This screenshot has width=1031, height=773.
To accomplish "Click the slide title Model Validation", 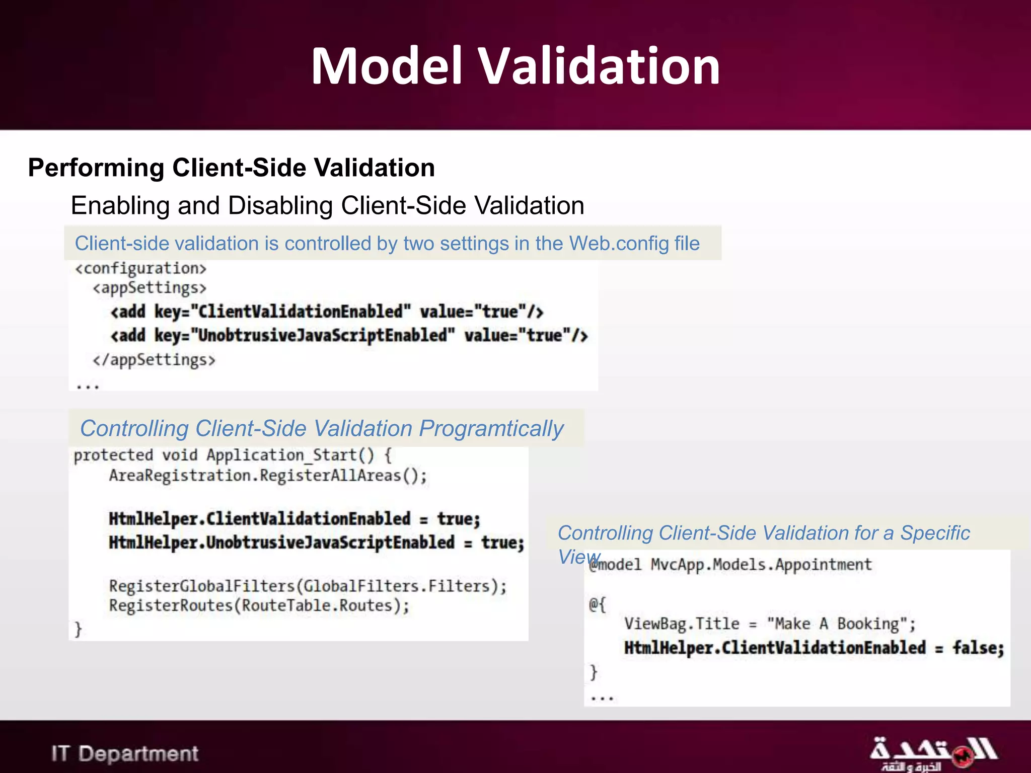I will coord(515,66).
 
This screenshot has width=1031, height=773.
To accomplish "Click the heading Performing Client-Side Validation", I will coord(231,168).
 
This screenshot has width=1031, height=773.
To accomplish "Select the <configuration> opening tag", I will coord(140,269).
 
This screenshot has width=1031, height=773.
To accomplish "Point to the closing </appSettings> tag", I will coord(154,360).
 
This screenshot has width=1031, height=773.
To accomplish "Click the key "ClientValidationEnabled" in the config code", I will coord(301,312).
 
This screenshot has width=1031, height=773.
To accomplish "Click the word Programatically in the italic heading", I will coord(491,429).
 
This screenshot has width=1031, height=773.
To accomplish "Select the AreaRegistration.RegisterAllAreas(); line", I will coord(268,476).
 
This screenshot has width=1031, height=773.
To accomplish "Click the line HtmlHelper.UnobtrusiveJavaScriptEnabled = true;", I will coord(316,543).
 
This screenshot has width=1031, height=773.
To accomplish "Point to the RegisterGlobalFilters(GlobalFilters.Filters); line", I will coord(308,586).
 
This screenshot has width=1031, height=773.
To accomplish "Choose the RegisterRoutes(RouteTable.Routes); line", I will coord(259,605).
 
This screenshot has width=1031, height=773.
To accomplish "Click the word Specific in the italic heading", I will coord(935,533).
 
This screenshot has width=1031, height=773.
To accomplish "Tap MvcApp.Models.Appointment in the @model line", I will coord(761,565).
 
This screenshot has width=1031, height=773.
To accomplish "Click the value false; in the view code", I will coord(978,648).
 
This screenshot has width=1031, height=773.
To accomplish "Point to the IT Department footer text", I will coord(125,753).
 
